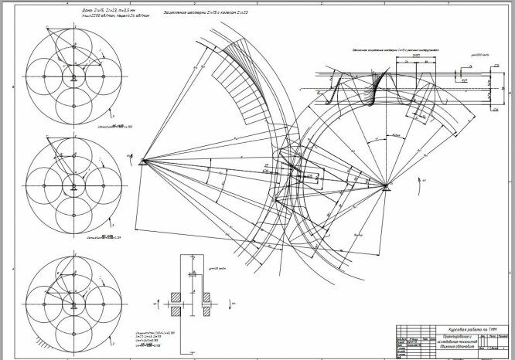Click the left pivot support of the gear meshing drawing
click(x=143, y=161)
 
